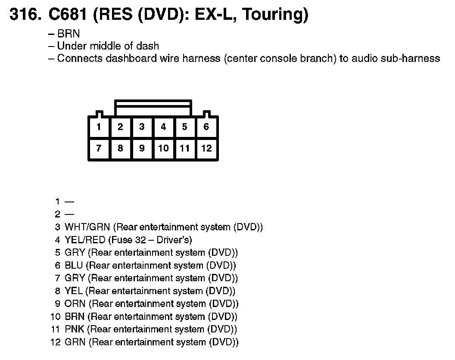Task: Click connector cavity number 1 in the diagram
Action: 99,127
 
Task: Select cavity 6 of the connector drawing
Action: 206,127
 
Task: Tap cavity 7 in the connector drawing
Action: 99,149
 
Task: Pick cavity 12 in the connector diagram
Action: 206,149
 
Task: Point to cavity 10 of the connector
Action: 163,149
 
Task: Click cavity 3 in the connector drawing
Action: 142,127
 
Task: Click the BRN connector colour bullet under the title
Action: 69,34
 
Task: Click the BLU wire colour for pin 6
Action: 74,265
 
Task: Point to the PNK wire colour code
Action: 75,329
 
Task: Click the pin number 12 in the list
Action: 56,342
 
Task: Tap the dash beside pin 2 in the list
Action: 69,214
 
